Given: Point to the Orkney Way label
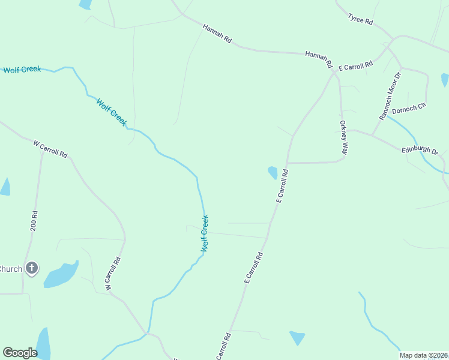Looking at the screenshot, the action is click(343, 138).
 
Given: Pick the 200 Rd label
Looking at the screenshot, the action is click(34, 221).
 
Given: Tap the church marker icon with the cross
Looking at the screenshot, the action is click(32, 268).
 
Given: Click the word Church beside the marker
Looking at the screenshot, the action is click(11, 269).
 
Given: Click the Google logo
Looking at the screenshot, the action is click(20, 353).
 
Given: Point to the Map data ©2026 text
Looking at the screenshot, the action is click(423, 355).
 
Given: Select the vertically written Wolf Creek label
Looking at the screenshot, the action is click(205, 233).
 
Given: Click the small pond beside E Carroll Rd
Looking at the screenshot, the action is click(273, 173).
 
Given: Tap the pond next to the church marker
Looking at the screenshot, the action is click(60, 274).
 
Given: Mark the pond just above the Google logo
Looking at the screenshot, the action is click(44, 343).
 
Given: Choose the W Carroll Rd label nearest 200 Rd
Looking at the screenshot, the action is click(50, 149).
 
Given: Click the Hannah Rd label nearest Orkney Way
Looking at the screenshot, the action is click(319, 58).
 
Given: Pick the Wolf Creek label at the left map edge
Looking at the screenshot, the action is click(22, 70).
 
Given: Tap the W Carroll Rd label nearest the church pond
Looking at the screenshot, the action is click(113, 274).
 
